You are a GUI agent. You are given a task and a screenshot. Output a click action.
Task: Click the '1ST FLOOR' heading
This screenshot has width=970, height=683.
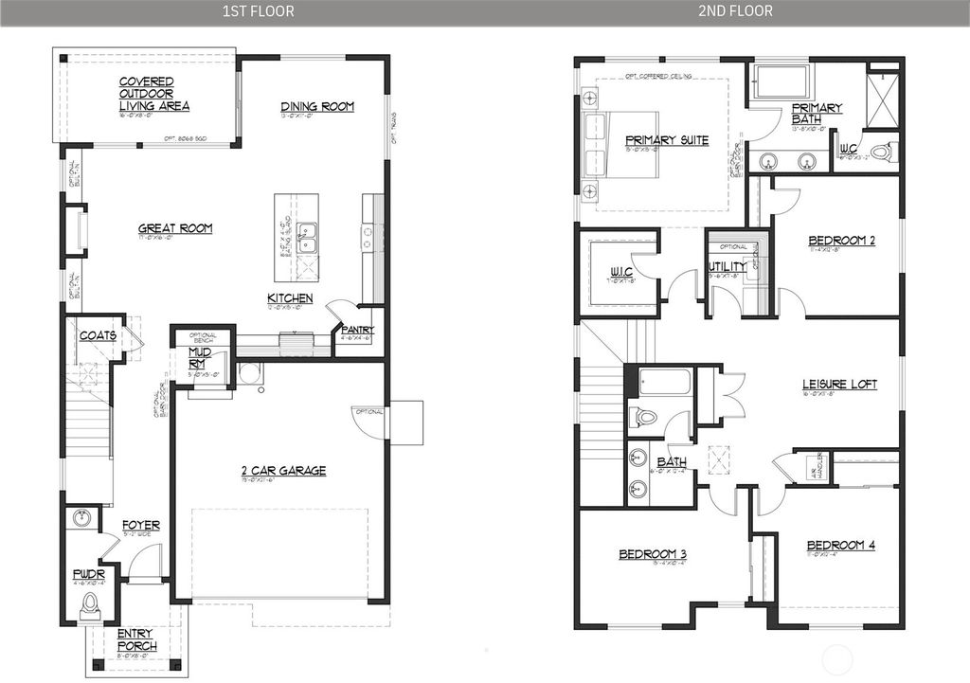(258, 11)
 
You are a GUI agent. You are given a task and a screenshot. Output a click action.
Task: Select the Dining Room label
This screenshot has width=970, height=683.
(317, 107)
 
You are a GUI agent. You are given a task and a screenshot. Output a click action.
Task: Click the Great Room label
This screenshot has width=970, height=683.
(175, 228)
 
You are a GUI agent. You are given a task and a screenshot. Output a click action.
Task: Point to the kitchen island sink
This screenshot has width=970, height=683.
(306, 238)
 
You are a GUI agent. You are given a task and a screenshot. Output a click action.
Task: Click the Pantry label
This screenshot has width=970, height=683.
(359, 330)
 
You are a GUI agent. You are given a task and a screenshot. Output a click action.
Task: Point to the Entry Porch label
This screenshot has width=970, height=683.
(137, 640)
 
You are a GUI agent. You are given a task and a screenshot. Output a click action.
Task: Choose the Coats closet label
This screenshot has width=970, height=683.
(98, 335)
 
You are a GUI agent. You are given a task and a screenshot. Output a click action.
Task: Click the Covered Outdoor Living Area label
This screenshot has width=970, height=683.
(154, 94)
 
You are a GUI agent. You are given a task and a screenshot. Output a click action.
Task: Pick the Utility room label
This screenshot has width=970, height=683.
(727, 266)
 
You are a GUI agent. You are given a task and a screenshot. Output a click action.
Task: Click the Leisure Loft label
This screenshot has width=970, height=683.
(839, 385)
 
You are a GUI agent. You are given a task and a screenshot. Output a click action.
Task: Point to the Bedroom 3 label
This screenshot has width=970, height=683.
(652, 554)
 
